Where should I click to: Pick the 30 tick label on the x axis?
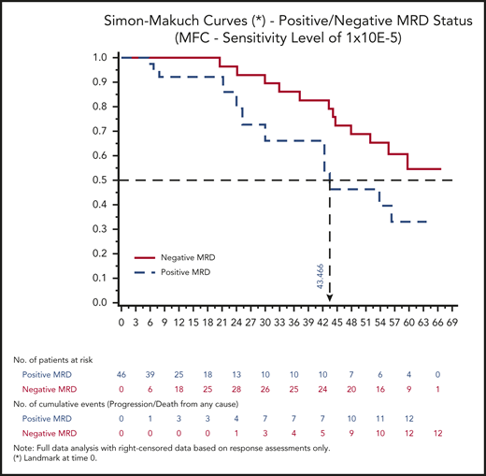click(264, 321)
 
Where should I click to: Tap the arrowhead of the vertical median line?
click(331, 299)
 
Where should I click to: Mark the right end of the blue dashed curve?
click(426, 222)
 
